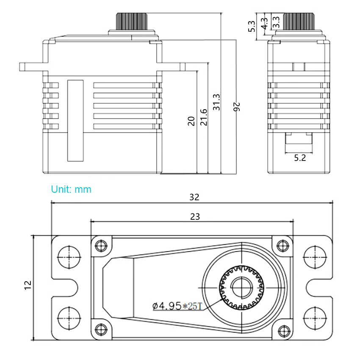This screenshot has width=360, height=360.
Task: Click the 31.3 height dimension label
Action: point(216,102)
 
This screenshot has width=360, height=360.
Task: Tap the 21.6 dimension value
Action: point(204,117)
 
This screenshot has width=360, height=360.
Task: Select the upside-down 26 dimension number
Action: point(236,107)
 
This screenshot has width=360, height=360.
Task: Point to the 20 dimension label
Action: point(191,121)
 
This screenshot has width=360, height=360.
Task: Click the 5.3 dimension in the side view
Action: point(252,26)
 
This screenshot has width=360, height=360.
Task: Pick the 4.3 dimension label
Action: point(265,24)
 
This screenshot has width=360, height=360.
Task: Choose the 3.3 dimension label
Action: point(277,22)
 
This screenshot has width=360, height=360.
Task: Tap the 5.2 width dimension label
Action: point(300,158)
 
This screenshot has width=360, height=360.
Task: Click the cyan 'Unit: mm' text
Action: point(71,189)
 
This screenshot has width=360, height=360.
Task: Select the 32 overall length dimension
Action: point(194,197)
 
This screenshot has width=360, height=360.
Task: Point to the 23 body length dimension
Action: point(195,217)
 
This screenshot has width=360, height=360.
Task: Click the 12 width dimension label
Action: point(28,285)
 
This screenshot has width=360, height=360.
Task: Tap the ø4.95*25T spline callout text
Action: point(177,306)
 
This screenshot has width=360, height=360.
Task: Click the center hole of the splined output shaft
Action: point(242,288)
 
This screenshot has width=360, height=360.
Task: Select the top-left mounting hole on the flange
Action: point(69,257)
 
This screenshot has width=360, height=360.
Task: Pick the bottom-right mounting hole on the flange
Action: point(315,318)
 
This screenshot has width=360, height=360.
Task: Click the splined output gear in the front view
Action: point(131,21)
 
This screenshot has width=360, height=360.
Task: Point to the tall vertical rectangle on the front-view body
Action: point(75,121)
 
